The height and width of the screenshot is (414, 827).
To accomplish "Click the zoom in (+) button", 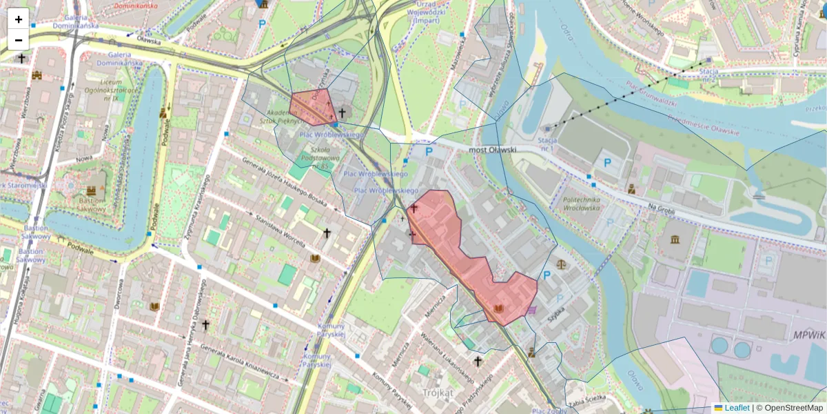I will (x=19, y=19).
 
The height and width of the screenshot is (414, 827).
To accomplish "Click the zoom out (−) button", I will (x=19, y=40).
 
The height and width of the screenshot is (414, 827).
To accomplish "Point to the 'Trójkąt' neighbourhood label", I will (x=438, y=393).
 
